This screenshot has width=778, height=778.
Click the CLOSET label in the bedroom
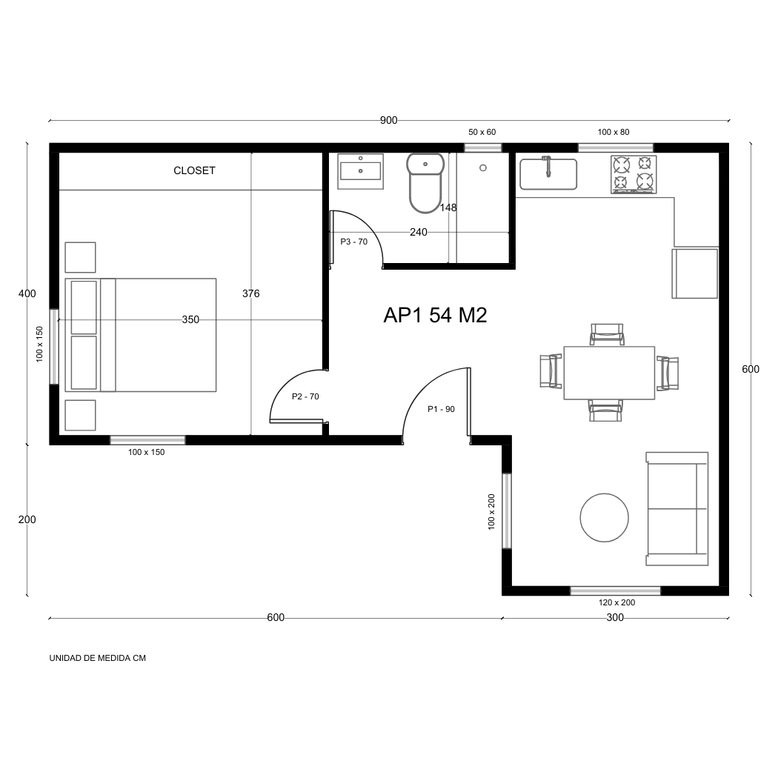(x=194, y=170)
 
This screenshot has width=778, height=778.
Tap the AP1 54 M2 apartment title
(x=435, y=315)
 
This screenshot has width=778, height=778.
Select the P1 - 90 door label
(x=441, y=409)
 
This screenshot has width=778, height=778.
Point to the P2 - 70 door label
(x=305, y=396)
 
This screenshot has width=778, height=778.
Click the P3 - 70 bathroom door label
(x=353, y=242)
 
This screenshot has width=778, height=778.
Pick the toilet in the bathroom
(x=425, y=182)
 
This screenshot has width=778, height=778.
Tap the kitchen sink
(x=548, y=174)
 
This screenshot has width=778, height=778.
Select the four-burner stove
(x=634, y=174)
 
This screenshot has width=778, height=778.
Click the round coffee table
(x=605, y=518)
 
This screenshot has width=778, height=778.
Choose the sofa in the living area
(x=676, y=509)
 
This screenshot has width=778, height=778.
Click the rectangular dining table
(x=609, y=373)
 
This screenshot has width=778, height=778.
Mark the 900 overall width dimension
(x=389, y=121)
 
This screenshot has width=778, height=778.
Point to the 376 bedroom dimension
(x=251, y=293)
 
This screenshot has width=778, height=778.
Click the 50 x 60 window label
(x=482, y=132)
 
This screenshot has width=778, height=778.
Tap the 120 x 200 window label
(x=616, y=602)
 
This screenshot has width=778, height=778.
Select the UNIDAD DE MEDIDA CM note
(x=97, y=658)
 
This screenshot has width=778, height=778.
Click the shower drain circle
(x=483, y=168)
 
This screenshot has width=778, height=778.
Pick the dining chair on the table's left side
(x=550, y=371)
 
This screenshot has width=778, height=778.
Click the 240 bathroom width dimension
(x=419, y=232)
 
